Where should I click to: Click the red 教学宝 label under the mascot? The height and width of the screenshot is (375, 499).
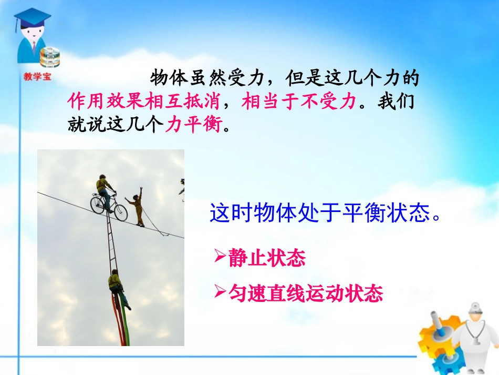[x=36, y=76]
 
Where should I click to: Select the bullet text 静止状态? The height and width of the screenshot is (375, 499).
[x=267, y=258]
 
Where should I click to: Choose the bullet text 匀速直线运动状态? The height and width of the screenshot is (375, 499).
[x=306, y=293]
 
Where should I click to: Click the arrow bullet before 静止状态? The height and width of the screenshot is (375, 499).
[x=220, y=257]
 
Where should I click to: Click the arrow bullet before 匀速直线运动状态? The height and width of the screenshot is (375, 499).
[x=220, y=292]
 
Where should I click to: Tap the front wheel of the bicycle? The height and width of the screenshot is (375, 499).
[x=120, y=212]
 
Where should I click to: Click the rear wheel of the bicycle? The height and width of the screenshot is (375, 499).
[x=98, y=204]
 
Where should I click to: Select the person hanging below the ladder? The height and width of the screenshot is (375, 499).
[x=116, y=286]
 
